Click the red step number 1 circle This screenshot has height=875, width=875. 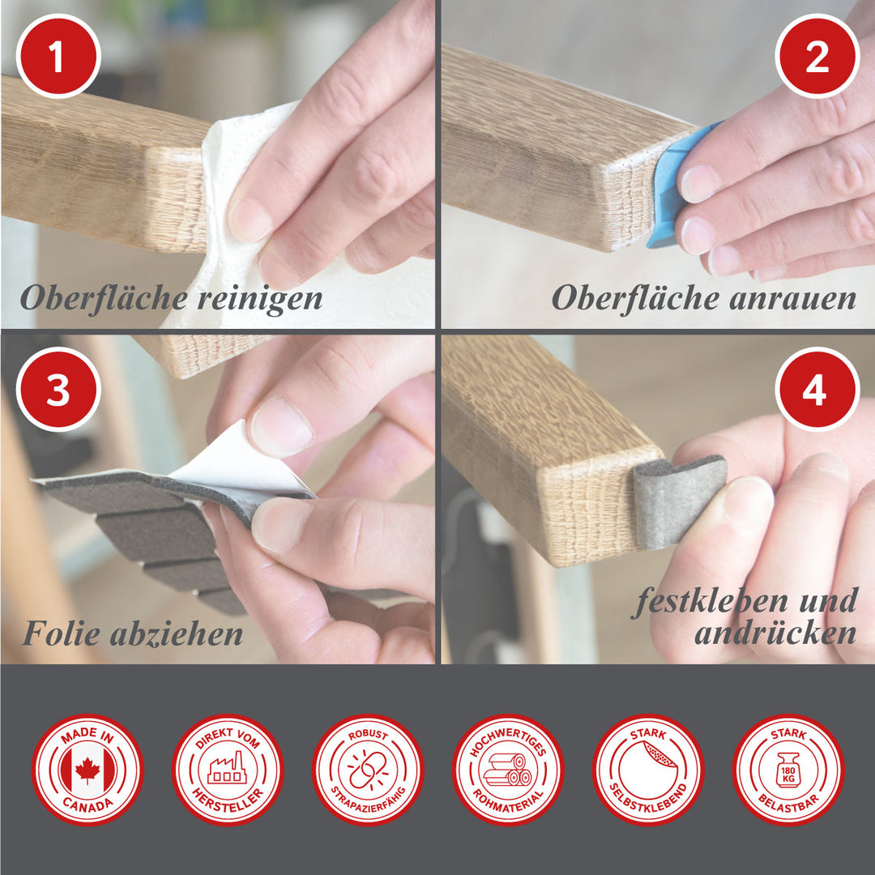58,56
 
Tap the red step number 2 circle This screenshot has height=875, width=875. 817,56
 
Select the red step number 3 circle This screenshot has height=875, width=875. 58,389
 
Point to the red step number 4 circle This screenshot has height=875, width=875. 817,389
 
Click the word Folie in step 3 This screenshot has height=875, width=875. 62,634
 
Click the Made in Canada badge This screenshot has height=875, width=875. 87,770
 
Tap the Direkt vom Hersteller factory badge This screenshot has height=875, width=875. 228,770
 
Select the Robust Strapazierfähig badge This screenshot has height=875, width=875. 368,770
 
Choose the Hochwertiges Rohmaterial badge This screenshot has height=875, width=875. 508,770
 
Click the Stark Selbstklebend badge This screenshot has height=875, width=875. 648,770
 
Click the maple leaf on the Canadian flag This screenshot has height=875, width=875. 87,770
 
